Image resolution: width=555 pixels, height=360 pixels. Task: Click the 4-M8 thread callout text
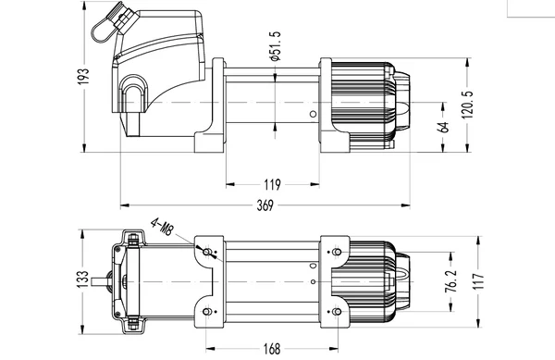tap(164, 226)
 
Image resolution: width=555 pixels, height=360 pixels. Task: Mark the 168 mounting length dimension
tap(271, 348)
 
